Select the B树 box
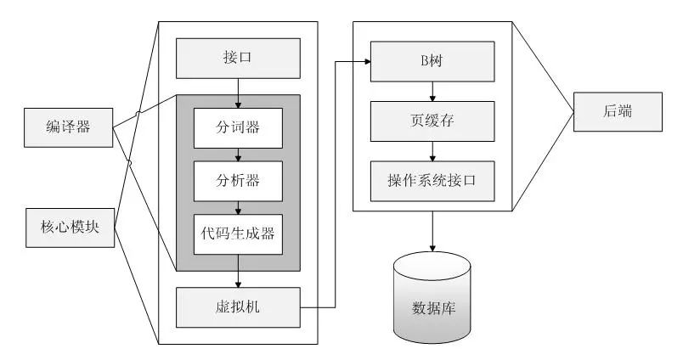(433, 61)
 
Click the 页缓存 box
(433, 121)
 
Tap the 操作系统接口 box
(433, 180)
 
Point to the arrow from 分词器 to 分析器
(239, 154)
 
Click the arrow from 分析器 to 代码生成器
(239, 206)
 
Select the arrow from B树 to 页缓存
(433, 91)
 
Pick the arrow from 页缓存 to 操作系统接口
(433, 150)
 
